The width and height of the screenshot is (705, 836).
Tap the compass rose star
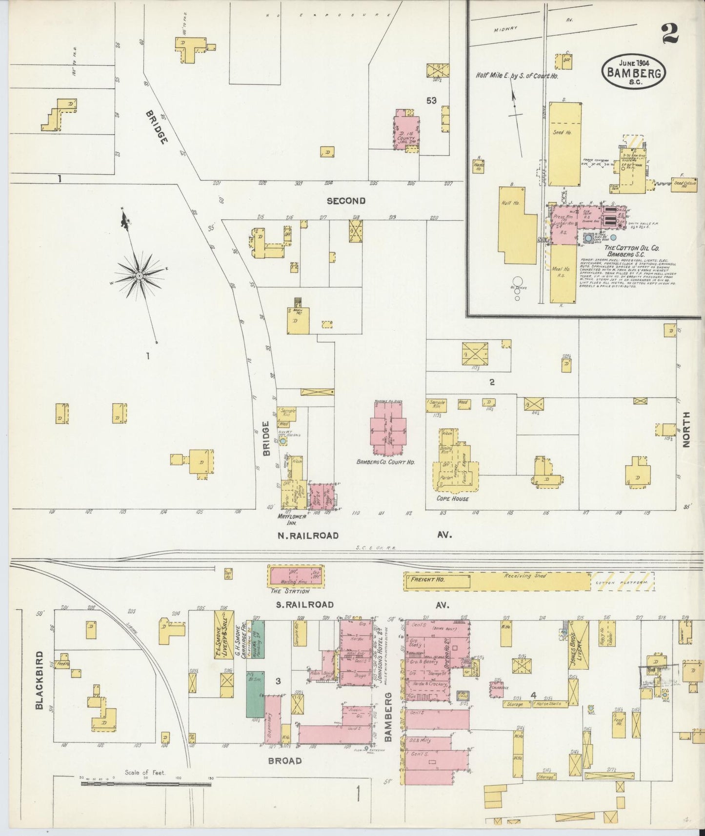(140, 276)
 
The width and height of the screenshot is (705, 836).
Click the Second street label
(346, 200)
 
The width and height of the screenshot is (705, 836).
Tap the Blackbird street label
(40, 680)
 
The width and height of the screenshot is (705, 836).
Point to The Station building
(296, 576)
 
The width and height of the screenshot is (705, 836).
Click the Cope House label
(453, 499)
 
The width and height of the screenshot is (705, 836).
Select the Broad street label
(284, 760)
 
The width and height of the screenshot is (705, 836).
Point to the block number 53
(431, 100)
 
